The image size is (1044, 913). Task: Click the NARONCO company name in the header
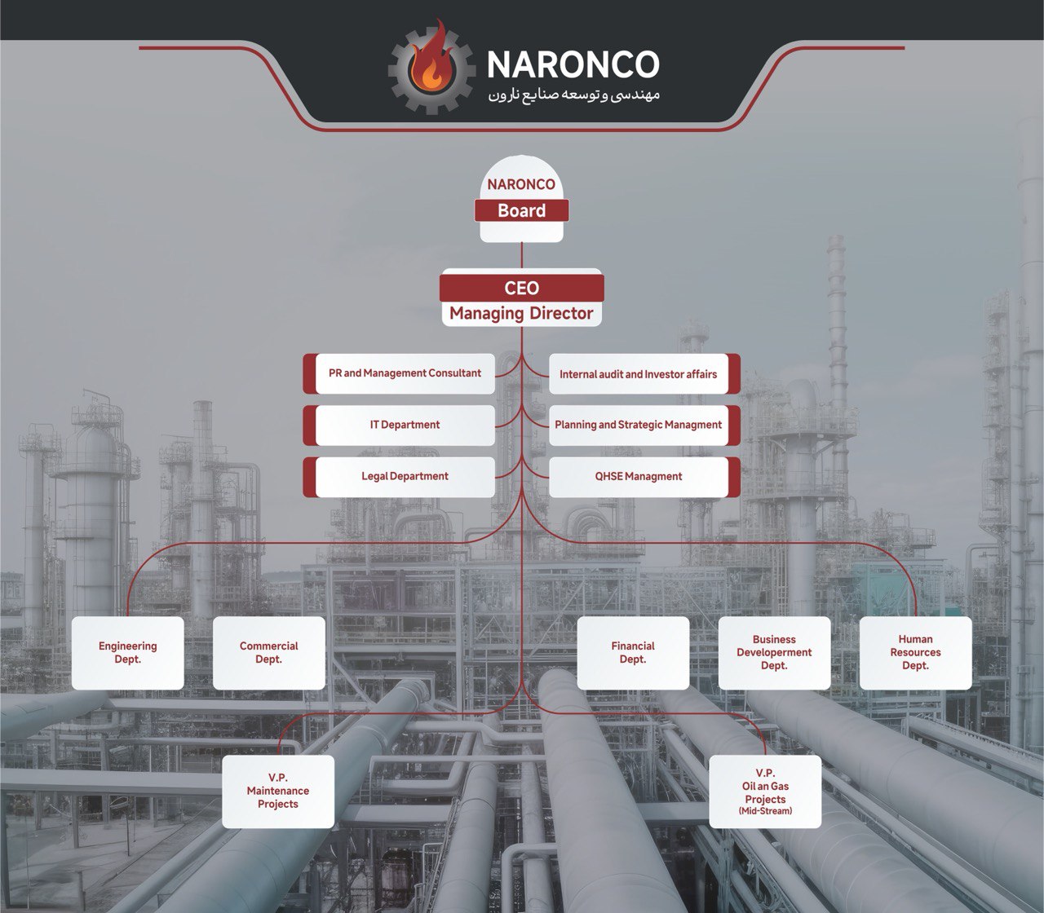tap(572, 64)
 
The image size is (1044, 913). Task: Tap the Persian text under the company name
tap(573, 95)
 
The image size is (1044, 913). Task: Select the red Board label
tap(521, 211)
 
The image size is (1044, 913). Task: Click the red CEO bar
tap(521, 288)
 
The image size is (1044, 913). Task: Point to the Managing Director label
tap(521, 314)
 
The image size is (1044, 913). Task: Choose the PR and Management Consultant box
tap(405, 373)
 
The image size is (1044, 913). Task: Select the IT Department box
tap(405, 425)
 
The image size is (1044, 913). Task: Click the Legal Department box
tap(405, 476)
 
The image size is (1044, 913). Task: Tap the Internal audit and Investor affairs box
tap(639, 374)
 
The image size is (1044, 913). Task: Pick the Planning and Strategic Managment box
tap(639, 425)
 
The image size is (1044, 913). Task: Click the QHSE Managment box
tap(639, 476)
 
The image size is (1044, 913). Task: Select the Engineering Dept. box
tap(128, 653)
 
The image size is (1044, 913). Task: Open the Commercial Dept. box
tap(269, 653)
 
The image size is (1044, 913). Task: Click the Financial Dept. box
tap(633, 653)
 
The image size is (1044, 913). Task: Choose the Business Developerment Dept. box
tap(774, 653)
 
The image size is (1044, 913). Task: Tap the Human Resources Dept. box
tap(915, 653)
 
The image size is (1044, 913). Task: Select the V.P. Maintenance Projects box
tap(278, 792)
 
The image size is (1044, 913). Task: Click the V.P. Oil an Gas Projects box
tap(765, 787)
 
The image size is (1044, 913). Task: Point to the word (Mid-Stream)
tap(765, 811)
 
